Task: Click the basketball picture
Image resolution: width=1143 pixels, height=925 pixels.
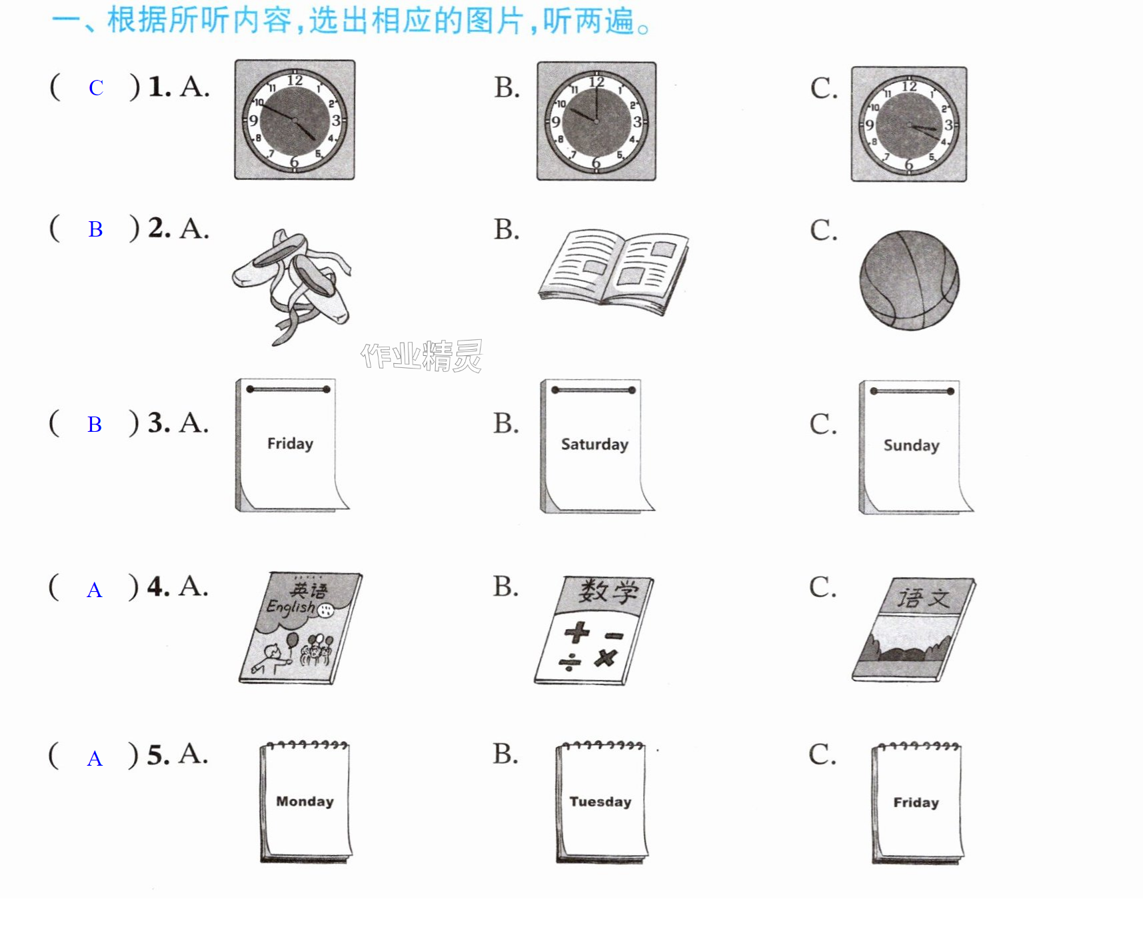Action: [x=909, y=280]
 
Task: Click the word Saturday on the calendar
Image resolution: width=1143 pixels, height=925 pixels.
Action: [x=594, y=445]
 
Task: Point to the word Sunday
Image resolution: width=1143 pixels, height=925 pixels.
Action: [x=911, y=445]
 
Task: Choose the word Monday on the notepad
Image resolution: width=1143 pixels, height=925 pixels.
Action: [x=305, y=801]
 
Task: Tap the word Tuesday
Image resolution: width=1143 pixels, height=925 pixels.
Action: [x=600, y=802]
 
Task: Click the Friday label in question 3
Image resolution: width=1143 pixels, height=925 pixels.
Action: [x=290, y=444]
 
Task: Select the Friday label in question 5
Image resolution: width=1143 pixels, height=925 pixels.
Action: [x=916, y=802]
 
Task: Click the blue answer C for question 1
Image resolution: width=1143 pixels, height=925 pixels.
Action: [x=96, y=88]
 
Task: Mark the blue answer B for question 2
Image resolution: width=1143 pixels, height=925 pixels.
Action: [x=95, y=229]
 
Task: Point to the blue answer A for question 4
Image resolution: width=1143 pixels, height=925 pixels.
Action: [x=95, y=590]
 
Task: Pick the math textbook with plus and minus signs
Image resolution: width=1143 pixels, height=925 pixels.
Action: [x=594, y=630]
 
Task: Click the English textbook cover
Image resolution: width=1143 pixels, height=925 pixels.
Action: [x=301, y=628]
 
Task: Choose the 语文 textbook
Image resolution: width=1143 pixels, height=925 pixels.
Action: [x=914, y=629]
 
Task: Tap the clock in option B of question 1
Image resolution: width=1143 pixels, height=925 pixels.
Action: [x=596, y=121]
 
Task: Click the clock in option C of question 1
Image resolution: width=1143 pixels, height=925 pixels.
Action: [x=909, y=124]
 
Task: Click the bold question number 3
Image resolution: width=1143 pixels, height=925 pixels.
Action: [x=159, y=423]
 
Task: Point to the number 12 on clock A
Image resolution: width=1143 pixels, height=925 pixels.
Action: [x=295, y=81]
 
